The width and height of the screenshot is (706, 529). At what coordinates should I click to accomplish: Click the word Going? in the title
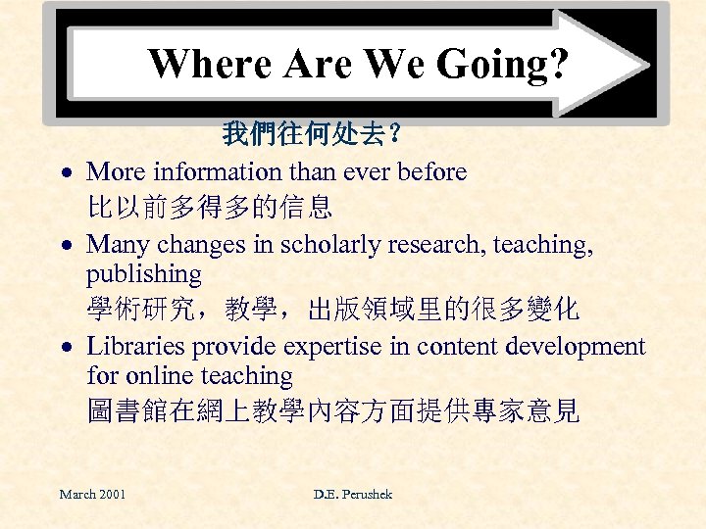pos(502,65)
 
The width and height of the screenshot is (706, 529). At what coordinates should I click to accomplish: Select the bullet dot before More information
pos(62,173)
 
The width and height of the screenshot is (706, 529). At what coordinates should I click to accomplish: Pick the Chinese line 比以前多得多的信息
pos(209,207)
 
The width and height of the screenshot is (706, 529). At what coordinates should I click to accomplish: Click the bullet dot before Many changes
pos(62,246)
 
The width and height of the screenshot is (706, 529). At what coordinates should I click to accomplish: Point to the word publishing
pos(143,275)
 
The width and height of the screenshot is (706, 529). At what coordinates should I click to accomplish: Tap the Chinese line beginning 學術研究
pos(332,310)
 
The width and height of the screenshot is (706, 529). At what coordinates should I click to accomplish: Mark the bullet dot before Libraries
pos(62,348)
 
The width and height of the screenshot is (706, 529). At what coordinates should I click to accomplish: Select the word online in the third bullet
pos(157,375)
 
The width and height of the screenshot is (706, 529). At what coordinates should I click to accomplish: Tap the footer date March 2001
pos(92,494)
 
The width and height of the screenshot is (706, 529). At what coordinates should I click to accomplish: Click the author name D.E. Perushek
pos(353,494)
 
